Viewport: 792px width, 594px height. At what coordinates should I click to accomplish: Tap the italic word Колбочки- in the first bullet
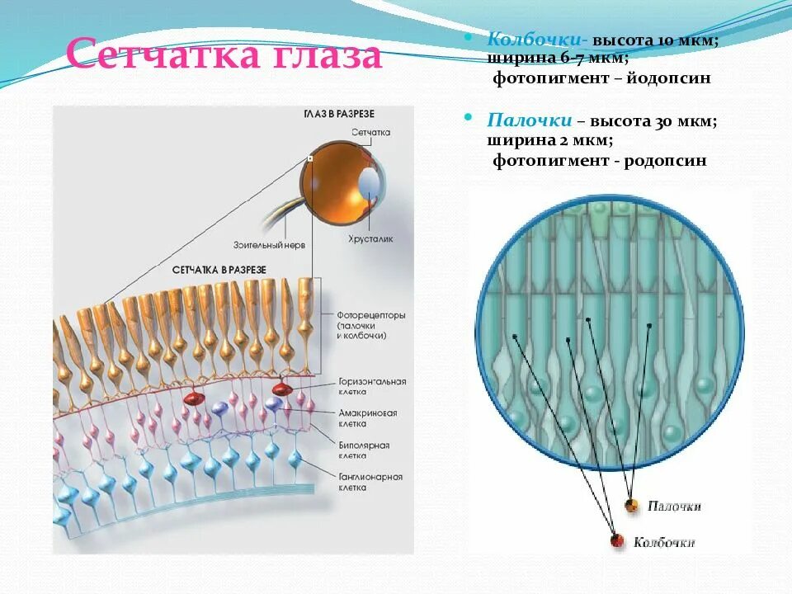tap(524, 40)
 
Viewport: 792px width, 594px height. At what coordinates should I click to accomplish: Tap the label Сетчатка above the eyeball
tap(370, 132)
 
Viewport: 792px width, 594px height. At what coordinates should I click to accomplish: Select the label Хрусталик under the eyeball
tap(370, 238)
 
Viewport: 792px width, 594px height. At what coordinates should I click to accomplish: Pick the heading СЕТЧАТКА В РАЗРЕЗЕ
tap(219, 270)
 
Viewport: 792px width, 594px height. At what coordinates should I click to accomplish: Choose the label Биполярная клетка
tap(364, 450)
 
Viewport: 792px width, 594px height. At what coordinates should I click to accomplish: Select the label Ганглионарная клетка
tap(370, 482)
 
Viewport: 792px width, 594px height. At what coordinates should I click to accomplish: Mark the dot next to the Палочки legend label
tap(632, 506)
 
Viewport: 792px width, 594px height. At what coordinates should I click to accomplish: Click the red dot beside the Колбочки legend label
tap(617, 541)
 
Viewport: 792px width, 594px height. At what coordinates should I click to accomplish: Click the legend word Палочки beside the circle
tap(674, 506)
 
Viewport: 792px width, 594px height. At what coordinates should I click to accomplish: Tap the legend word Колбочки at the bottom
tap(663, 542)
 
